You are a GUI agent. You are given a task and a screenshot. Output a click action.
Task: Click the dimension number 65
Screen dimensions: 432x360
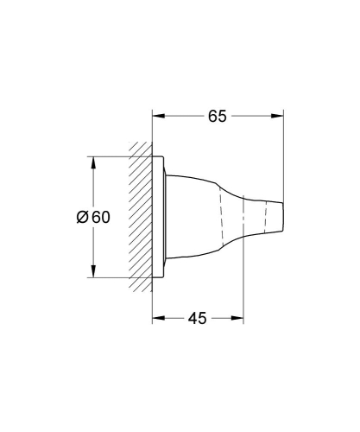click(218, 116)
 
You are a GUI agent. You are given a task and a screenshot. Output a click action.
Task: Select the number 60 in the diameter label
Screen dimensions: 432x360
click(100, 217)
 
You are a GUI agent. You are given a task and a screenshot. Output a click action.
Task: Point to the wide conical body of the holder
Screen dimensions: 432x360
click(199, 217)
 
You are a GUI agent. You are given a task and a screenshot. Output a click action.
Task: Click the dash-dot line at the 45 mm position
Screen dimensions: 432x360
click(241, 259)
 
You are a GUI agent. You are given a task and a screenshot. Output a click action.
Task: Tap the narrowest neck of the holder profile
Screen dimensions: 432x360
click(243, 217)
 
